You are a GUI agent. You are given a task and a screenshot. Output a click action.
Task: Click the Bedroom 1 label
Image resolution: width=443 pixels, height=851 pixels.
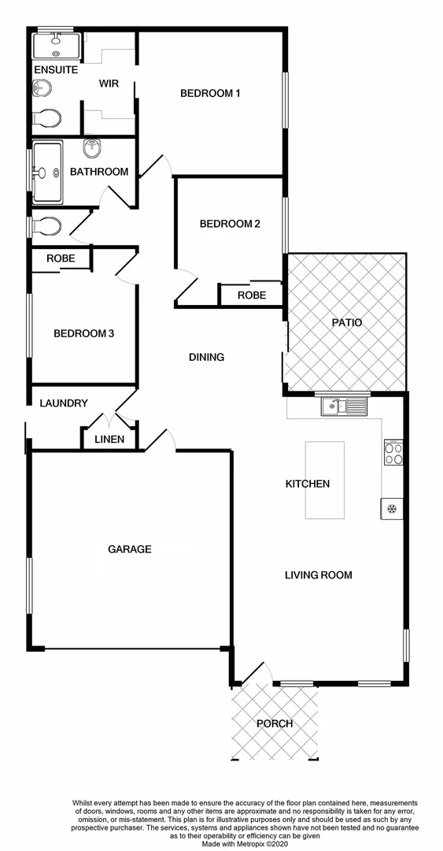point(210,94)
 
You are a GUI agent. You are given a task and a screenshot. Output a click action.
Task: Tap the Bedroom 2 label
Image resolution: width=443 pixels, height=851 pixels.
point(229,224)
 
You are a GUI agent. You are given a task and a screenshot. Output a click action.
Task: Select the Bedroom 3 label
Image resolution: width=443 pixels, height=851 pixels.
point(83,334)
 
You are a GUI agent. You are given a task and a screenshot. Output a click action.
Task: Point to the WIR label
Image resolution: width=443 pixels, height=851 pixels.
point(109,84)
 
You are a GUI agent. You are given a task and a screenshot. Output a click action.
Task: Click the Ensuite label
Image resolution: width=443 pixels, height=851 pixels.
point(55,70)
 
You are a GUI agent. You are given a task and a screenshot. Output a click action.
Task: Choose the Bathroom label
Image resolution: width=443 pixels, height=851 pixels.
point(98,172)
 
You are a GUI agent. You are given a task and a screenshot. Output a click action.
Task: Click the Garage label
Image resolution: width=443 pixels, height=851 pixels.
point(129,549)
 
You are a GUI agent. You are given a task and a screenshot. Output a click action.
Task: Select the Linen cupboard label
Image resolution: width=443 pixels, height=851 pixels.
point(109,440)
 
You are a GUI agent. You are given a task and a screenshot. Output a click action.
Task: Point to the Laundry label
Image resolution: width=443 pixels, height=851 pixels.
point(64,403)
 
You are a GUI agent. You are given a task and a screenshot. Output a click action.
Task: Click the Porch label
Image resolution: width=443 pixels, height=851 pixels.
point(275,723)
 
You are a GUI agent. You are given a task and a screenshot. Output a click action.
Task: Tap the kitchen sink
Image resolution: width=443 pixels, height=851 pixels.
point(345,407)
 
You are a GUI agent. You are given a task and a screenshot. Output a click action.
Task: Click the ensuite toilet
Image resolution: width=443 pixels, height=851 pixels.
point(47,118)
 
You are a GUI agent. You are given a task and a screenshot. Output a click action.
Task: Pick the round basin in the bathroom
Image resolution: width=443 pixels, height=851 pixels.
point(92,147)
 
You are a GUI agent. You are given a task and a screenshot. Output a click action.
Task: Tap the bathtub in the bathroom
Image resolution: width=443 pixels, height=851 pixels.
point(48,171)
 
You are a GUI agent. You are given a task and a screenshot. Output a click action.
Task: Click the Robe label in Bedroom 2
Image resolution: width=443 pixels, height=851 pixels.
point(251,295)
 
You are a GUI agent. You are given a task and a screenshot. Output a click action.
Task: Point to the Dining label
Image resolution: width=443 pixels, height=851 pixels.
point(207,357)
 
